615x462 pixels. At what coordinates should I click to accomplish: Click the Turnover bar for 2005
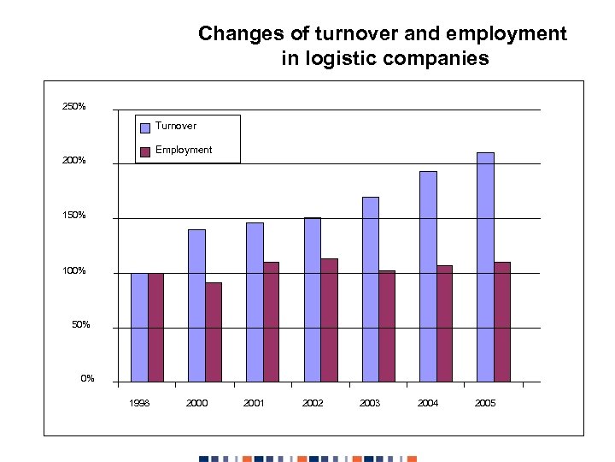click(485, 267)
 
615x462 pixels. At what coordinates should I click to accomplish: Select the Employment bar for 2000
click(214, 332)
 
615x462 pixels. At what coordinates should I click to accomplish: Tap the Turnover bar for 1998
click(139, 327)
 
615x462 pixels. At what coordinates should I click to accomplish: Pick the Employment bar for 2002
click(329, 320)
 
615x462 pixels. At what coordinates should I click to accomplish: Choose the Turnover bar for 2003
click(371, 289)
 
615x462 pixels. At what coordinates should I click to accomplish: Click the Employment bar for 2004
click(444, 323)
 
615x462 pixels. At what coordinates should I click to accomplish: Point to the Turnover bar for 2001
click(255, 302)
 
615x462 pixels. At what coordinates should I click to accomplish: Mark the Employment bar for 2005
click(502, 322)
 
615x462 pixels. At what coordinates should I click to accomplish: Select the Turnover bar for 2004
click(428, 276)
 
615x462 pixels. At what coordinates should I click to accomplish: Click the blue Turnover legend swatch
click(145, 127)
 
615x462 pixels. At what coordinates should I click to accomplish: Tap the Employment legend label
click(184, 150)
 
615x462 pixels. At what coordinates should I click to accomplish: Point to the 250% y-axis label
click(73, 107)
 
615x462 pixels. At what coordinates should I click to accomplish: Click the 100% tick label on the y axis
click(73, 271)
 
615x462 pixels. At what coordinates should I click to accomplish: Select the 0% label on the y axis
click(87, 379)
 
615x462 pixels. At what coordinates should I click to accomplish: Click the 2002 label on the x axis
click(313, 403)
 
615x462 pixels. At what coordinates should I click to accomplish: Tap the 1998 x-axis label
click(139, 403)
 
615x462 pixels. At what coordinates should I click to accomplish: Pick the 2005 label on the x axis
click(485, 403)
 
